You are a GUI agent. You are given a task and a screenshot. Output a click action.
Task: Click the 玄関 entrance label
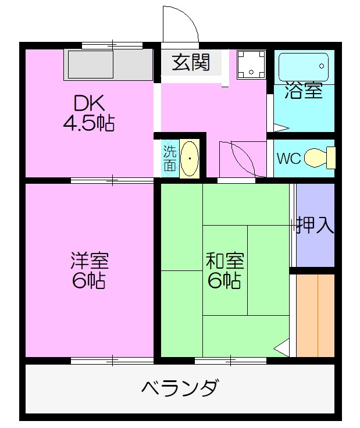[190, 62]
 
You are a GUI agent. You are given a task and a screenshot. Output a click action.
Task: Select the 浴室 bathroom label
[303, 91]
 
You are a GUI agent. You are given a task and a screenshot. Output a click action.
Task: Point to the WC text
[288, 159]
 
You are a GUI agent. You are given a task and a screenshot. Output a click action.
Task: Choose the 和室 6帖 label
[224, 270]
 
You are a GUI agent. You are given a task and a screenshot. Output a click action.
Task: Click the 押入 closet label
[315, 225]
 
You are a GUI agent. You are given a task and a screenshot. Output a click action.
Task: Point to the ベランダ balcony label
[180, 387]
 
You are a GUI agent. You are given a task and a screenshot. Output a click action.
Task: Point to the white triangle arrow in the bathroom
[280, 127]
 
